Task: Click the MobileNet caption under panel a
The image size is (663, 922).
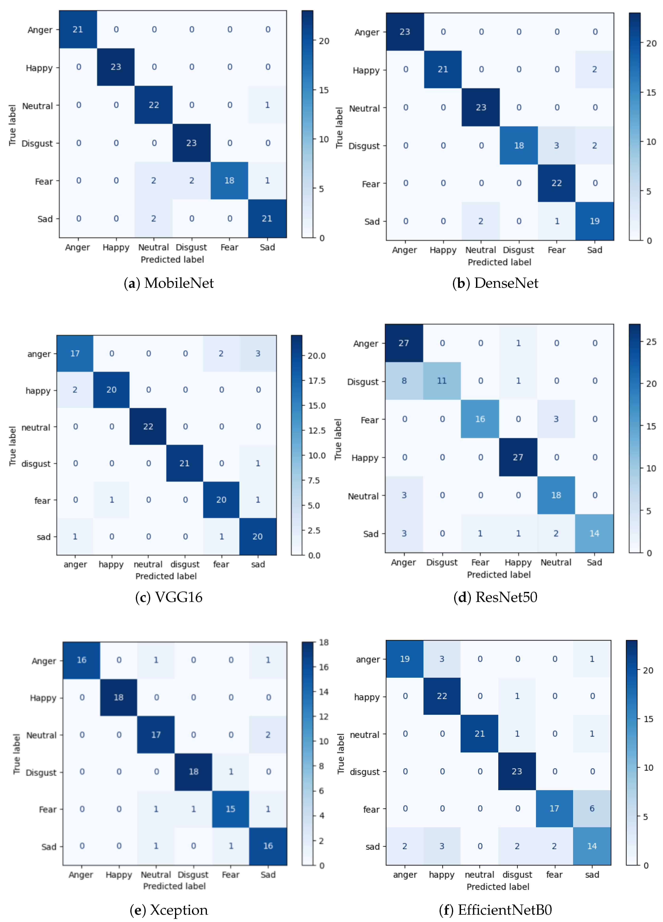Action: [x=169, y=283]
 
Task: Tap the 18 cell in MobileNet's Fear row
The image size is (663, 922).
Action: [x=229, y=181]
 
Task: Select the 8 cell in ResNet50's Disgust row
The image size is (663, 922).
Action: [x=404, y=381]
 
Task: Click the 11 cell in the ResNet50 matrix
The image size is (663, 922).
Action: [x=442, y=381]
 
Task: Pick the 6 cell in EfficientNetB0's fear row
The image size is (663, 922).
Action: [x=592, y=809]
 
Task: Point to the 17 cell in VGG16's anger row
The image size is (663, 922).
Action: [x=75, y=353]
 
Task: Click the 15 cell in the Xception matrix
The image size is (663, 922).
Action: [x=231, y=809]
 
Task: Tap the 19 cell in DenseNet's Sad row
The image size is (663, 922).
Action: [x=594, y=221]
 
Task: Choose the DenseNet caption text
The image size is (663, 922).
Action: [x=495, y=283]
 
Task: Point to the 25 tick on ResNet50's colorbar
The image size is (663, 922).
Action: [x=651, y=342]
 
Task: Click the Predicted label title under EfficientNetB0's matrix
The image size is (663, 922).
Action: [x=498, y=887]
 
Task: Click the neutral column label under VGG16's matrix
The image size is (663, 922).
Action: [x=148, y=564]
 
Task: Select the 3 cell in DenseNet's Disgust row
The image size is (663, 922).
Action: [x=557, y=145]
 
